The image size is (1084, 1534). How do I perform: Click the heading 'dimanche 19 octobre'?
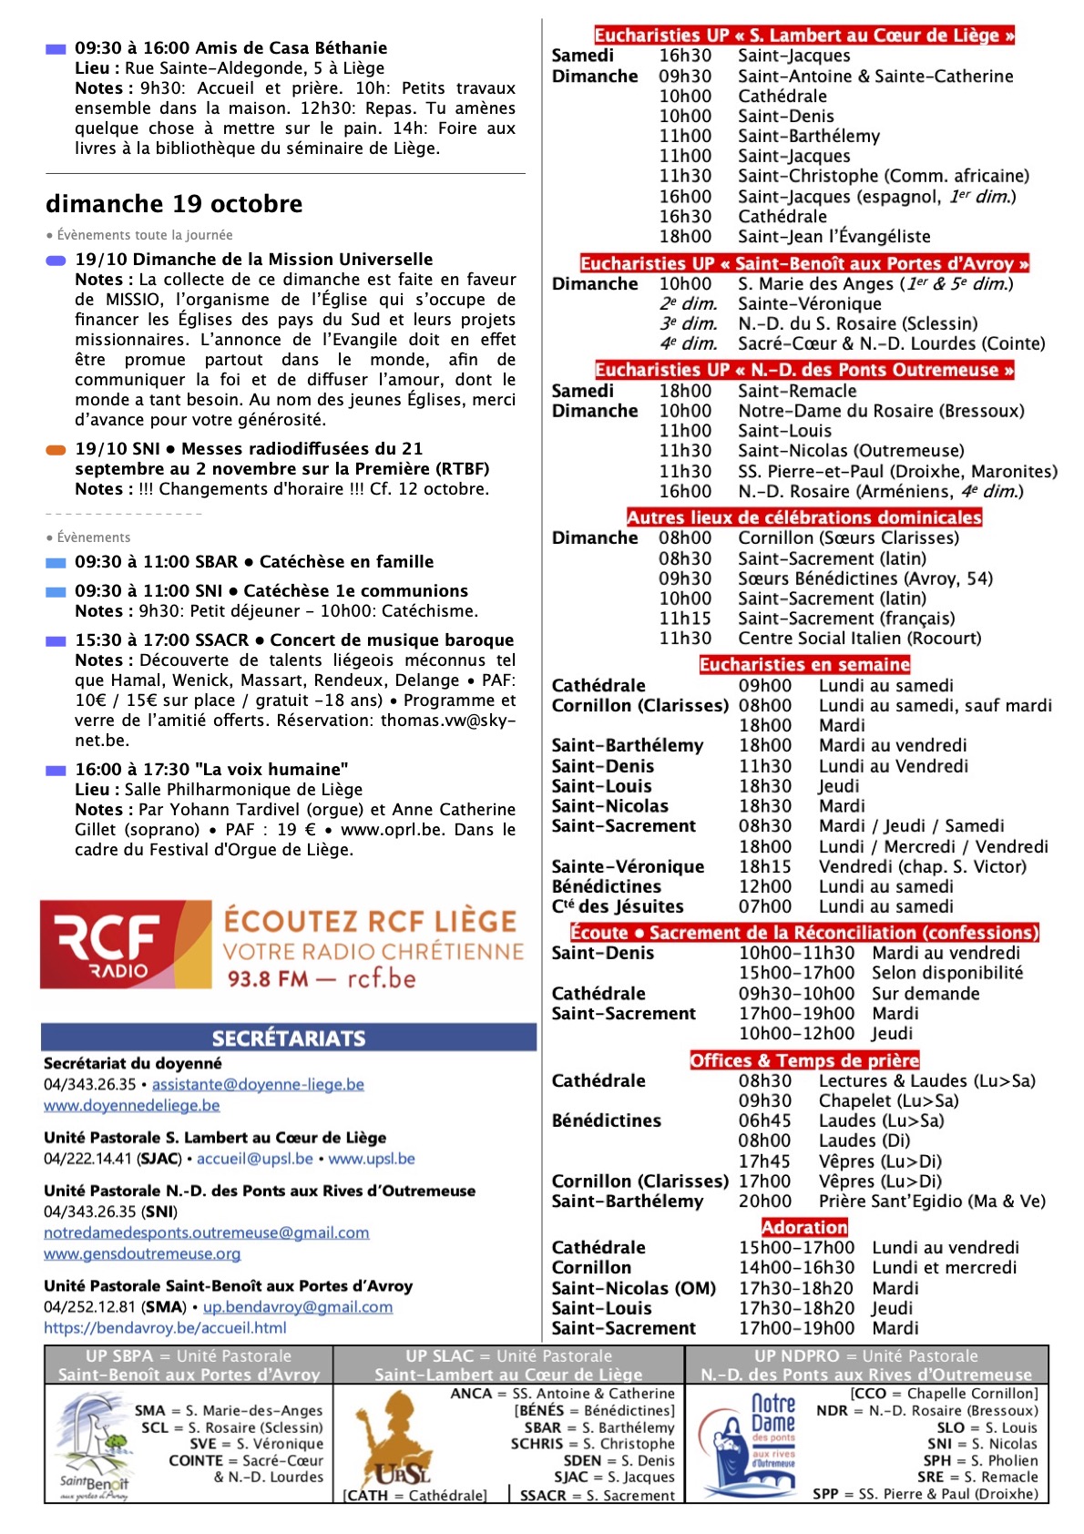pyautogui.click(x=174, y=203)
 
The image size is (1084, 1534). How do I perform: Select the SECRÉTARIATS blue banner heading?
pyautogui.click(x=289, y=1038)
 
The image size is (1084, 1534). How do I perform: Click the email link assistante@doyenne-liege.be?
pyautogui.click(x=258, y=1084)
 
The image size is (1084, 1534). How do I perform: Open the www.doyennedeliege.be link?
pyautogui.click(x=132, y=1105)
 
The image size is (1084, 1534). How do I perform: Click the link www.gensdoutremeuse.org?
pyautogui.click(x=142, y=1253)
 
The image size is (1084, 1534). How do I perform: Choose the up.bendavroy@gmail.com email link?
pyautogui.click(x=298, y=1306)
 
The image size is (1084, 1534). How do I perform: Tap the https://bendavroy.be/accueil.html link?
pyautogui.click(x=165, y=1327)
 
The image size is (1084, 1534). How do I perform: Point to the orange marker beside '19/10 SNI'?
pyautogui.click(x=56, y=449)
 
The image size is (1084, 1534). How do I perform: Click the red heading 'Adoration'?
pyautogui.click(x=804, y=1227)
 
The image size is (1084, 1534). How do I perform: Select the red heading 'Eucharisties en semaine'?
pyautogui.click(x=804, y=665)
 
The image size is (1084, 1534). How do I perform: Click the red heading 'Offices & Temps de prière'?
pyautogui.click(x=804, y=1060)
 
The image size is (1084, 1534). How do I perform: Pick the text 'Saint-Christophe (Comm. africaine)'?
pyautogui.click(x=884, y=176)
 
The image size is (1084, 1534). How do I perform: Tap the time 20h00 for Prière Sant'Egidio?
pyautogui.click(x=764, y=1201)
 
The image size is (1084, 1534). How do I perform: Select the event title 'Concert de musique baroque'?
pyautogui.click(x=392, y=639)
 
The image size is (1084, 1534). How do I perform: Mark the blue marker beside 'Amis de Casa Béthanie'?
pyautogui.click(x=56, y=48)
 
